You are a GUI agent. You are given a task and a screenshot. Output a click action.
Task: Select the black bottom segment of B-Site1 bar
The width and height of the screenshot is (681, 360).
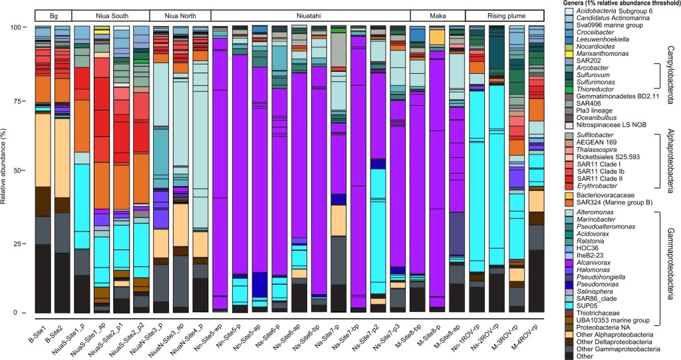pyautogui.click(x=43, y=279)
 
